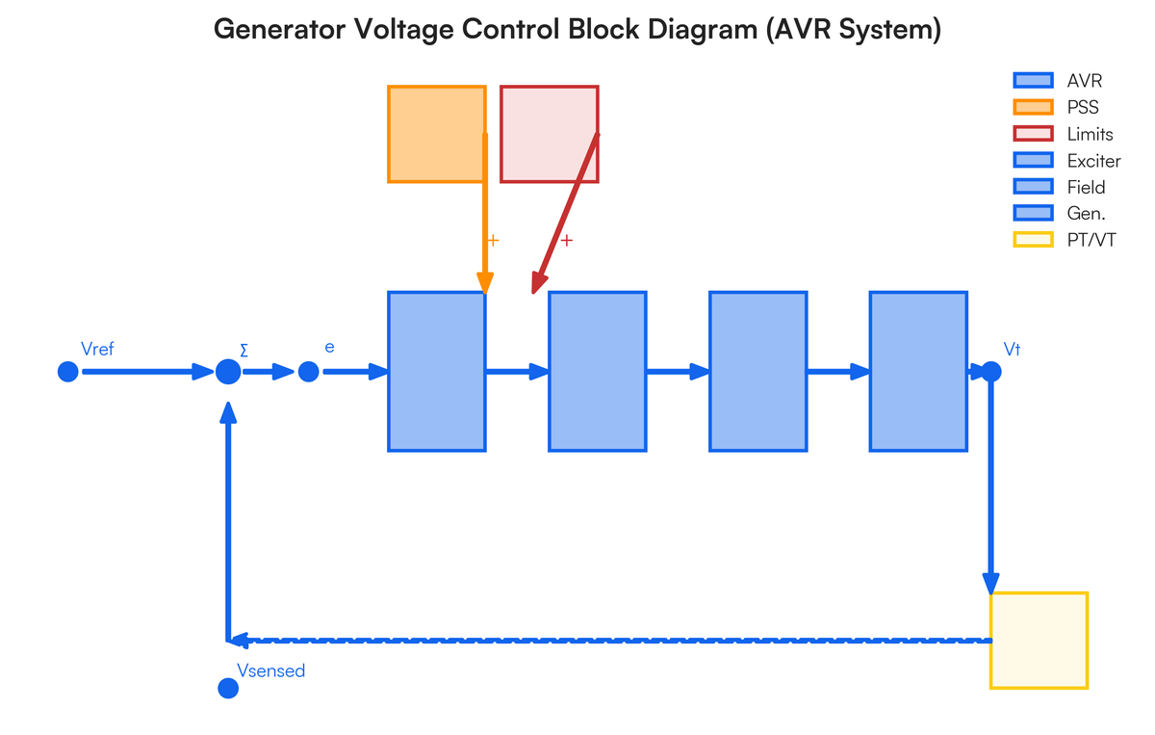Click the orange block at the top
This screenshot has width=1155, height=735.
point(435,134)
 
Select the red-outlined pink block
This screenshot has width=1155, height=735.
point(550,134)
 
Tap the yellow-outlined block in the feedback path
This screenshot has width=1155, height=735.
point(1039,641)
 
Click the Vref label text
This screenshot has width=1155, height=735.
point(98,349)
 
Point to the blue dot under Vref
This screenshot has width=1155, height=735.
point(67,372)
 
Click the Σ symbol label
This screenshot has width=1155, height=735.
point(244,350)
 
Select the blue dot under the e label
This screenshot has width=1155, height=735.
point(308,372)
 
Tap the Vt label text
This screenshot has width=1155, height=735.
point(1012,349)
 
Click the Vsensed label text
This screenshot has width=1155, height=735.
point(270,670)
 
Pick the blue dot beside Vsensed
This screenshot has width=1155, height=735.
point(228,688)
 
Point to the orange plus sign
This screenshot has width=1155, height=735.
point(493,240)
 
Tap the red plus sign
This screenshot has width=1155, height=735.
point(567,240)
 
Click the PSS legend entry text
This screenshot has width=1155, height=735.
point(1083,107)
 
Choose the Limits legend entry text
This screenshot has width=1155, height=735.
point(1090,134)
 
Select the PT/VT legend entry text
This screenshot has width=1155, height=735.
point(1091,240)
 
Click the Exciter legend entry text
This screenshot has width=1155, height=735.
point(1093,161)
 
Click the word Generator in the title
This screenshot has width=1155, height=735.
point(276,29)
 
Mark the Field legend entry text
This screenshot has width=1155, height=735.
point(1086,187)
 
